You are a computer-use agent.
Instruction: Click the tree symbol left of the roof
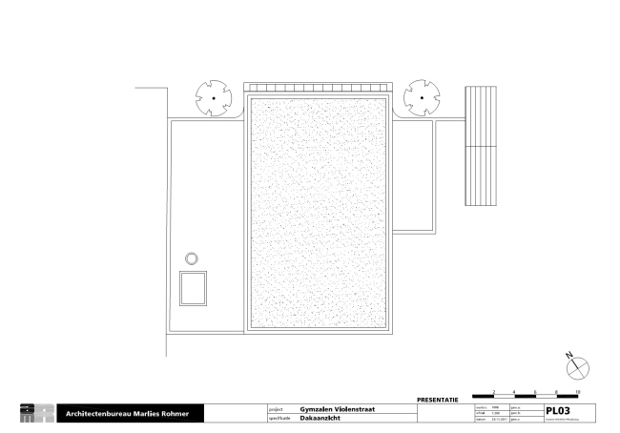coord(213,97)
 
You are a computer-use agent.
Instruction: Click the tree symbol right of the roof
coord(421,97)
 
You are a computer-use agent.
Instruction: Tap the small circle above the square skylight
coord(192,258)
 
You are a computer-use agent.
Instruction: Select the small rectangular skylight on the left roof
coord(194,288)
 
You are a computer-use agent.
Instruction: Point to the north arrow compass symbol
coord(577,364)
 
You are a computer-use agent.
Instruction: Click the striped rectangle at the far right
coord(481,146)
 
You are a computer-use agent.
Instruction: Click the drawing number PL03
coord(557,409)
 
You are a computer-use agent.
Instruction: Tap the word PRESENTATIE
coord(439,399)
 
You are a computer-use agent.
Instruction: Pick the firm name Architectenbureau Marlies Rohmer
coord(128,414)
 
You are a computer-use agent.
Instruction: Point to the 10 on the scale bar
coord(578,392)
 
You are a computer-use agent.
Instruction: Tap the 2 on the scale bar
coord(494,392)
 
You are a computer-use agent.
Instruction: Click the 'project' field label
coord(276,407)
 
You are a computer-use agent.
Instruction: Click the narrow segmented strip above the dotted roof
coord(317,87)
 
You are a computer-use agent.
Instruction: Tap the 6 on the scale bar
coord(536,392)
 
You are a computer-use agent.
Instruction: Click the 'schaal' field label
coord(481,412)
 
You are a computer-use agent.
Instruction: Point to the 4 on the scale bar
coord(515,392)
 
